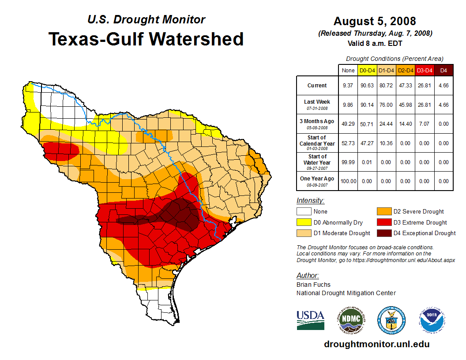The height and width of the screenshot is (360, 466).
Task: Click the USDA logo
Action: tap(310, 320)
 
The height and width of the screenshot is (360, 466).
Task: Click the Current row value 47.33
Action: tap(405, 86)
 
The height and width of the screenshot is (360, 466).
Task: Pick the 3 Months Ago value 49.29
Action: tap(348, 124)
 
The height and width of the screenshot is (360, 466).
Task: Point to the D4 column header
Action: tap(443, 70)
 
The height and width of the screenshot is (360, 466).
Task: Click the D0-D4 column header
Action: tap(367, 70)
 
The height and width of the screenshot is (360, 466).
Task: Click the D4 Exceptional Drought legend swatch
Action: tap(383, 233)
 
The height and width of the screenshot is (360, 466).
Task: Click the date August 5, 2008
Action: tap(375, 21)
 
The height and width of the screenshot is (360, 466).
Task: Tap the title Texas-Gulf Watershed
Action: tap(146, 39)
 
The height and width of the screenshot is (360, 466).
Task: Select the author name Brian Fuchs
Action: tap(313, 285)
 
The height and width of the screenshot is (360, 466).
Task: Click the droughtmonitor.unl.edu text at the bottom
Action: tap(376, 344)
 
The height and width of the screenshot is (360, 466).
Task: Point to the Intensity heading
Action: tap(310, 201)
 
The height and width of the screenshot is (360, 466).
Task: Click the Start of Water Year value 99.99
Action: tap(348, 162)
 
